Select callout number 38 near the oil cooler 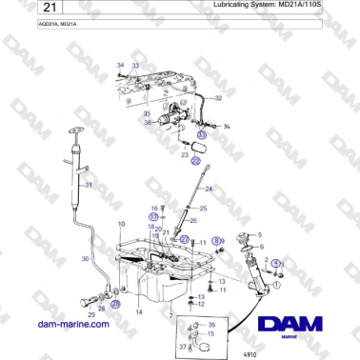coord(147,123)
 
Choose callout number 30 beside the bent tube coord(86,259)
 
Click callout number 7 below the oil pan coord(170,313)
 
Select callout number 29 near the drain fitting coord(91,312)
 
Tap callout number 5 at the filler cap coord(261,232)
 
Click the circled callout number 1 coord(277,283)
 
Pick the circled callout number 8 coord(216,242)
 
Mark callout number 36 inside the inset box coord(212,325)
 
